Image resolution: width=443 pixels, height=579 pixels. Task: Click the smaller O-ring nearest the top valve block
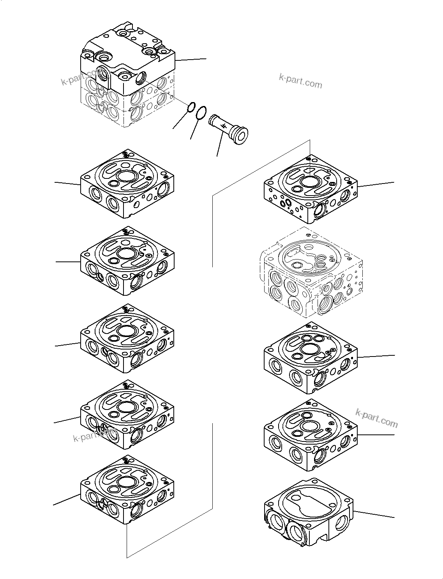(x=191, y=107)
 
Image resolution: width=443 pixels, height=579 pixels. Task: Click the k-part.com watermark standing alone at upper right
(x=300, y=81)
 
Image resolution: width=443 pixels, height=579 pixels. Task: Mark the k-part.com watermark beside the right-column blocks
(x=376, y=418)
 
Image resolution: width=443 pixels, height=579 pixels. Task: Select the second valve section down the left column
(x=127, y=261)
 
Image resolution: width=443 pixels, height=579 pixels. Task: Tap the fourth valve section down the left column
(x=127, y=414)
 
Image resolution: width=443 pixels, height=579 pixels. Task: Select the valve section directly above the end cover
(x=311, y=434)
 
